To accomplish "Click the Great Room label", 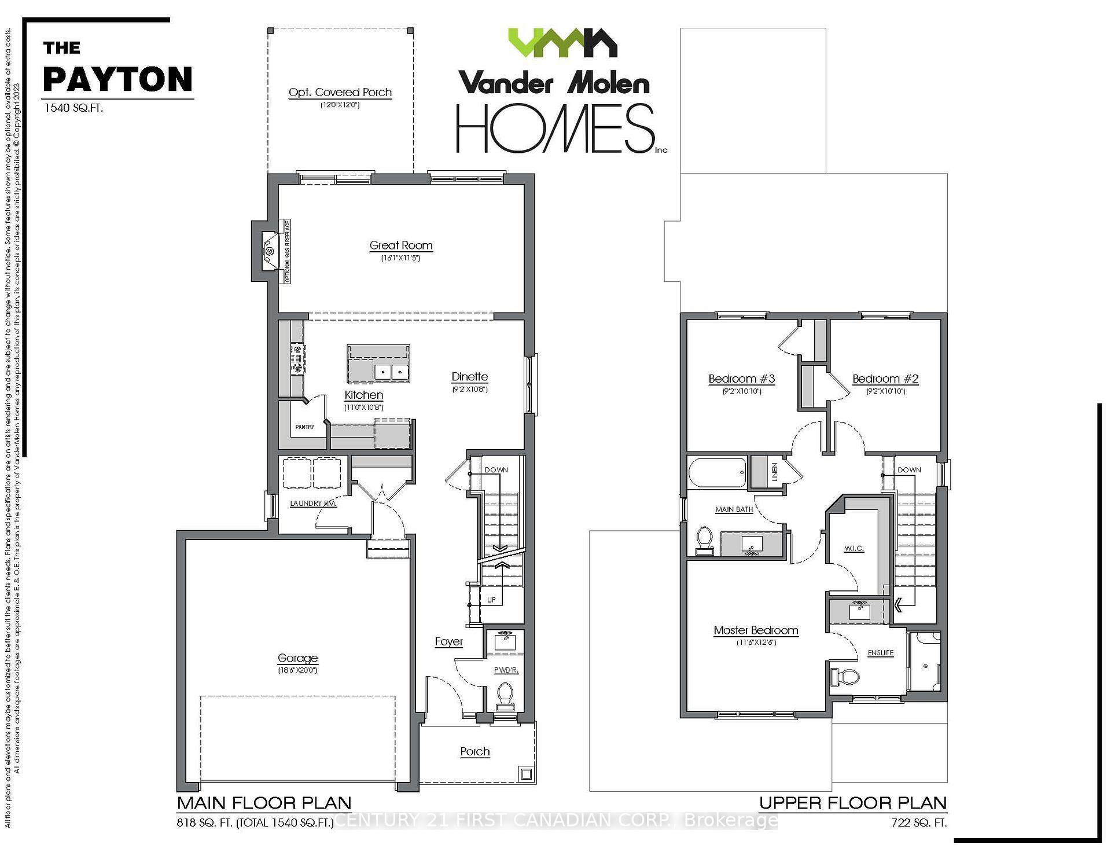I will (401, 245).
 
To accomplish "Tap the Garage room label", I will (297, 658).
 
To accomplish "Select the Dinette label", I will (470, 377).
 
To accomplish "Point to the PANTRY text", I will (304, 427).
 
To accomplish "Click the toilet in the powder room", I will (505, 694).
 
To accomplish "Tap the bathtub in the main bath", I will (718, 473).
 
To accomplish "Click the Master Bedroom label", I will (756, 630).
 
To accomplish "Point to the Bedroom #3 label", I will (741, 379).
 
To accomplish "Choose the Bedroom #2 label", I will (885, 379).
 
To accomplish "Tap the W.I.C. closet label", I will (854, 548).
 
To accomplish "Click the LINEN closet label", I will (775, 472).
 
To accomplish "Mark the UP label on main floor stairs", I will (491, 600).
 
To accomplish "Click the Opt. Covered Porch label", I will (340, 93).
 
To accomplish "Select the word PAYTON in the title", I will (118, 79).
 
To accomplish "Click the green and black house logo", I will (562, 43).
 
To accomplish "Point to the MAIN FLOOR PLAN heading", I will (264, 803).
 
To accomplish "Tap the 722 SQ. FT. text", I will (919, 823).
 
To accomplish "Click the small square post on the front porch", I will (525, 774).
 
